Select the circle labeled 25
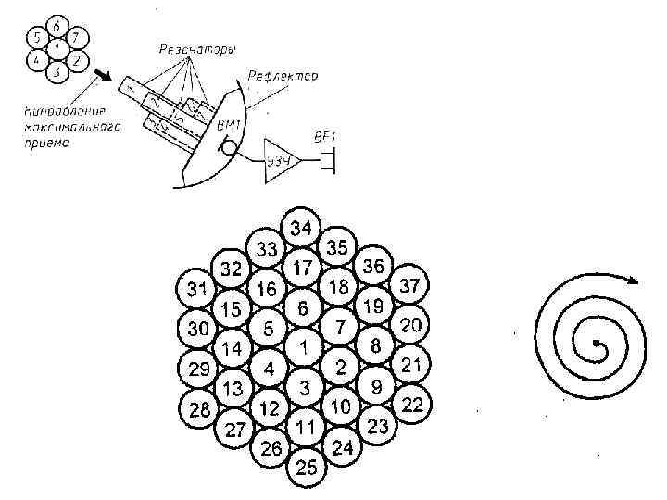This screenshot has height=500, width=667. pos(307,469)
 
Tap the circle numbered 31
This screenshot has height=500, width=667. pos(195,289)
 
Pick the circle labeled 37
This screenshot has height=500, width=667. pos(409,286)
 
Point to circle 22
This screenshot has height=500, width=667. pos(413,405)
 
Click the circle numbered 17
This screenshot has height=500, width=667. pos(303,269)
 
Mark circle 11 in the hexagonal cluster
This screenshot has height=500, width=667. pos(307,427)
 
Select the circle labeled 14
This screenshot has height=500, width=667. pos(232,349)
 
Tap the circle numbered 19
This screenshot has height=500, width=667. pos(374,306)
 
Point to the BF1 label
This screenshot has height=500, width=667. pos(324,137)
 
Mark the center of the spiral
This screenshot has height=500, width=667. pos(598,346)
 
